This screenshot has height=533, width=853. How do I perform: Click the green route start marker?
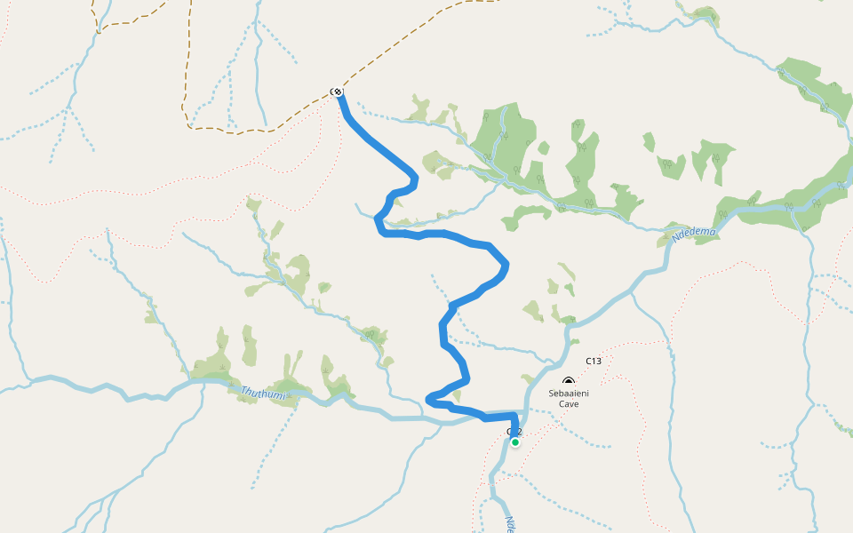[x=514, y=442]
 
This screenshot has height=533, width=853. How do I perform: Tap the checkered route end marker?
[x=338, y=91]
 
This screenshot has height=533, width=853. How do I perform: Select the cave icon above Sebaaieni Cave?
[x=569, y=382]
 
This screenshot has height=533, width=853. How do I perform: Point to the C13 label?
[x=594, y=361]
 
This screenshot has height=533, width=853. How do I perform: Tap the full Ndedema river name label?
[x=694, y=234]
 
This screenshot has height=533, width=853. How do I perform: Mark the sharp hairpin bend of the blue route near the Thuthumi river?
[x=429, y=399]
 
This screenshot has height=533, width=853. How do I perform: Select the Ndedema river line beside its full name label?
[x=668, y=253]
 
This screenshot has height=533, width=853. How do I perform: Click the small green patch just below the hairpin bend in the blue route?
[x=457, y=394]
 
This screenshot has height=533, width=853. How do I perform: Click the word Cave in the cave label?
[x=569, y=404]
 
